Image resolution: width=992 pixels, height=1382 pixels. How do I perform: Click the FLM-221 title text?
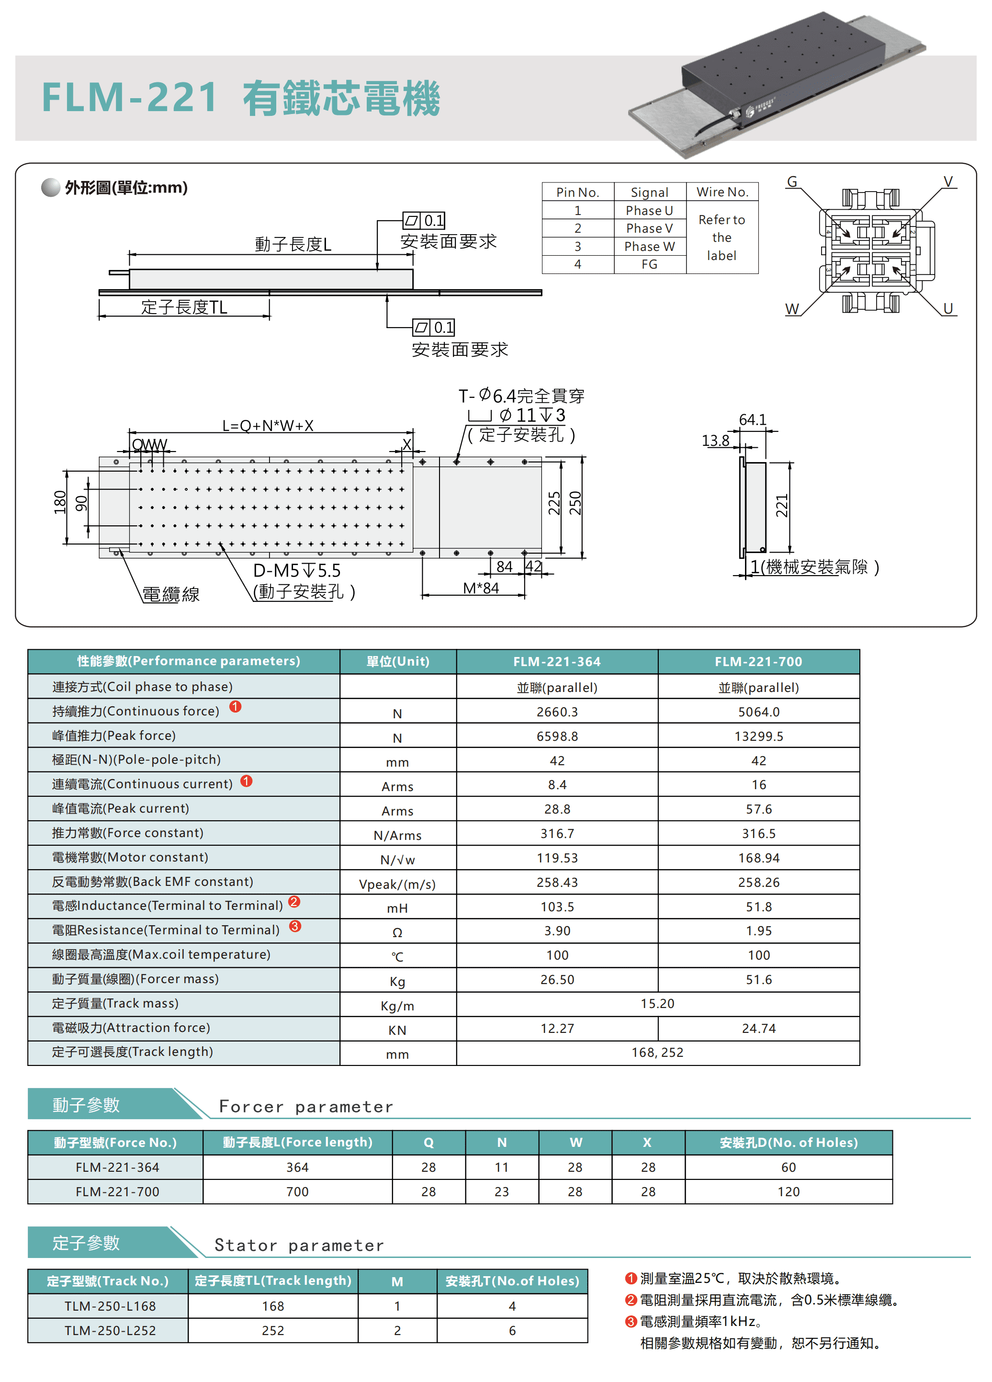pos(129,98)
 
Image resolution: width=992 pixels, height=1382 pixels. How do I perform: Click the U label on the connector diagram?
pos(947,308)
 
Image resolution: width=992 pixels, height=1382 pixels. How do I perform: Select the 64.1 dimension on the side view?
pos(752,420)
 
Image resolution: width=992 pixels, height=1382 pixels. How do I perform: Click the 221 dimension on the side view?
pos(781,506)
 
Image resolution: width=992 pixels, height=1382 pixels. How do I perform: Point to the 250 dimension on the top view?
pos(575,503)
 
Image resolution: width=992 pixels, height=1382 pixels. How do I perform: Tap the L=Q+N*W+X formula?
pos(268,425)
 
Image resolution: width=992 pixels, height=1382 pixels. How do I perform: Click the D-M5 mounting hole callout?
pos(297,570)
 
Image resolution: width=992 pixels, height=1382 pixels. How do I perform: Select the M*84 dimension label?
pos(480,588)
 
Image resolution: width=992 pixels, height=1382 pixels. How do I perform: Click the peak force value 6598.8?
pos(557,736)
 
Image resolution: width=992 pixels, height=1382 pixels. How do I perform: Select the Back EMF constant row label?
pos(152,881)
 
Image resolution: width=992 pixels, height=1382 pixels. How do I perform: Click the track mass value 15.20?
pos(657,1004)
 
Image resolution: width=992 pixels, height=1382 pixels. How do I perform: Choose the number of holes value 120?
pos(788,1191)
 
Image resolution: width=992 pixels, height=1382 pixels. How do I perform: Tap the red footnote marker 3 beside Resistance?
pos(295,926)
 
